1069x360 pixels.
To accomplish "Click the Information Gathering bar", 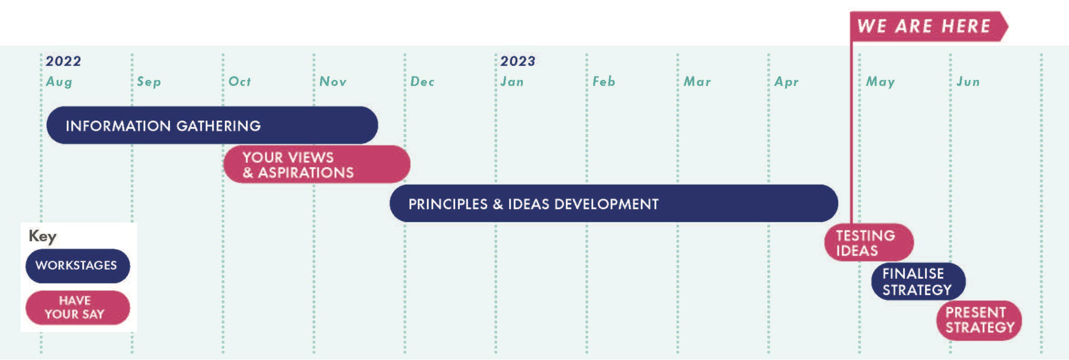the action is [x=212, y=125].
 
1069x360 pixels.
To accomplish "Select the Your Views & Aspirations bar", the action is [x=317, y=164].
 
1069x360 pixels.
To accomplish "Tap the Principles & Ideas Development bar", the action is [x=614, y=203].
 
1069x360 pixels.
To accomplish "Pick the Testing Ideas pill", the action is [x=869, y=242].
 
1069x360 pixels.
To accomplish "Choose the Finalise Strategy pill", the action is [x=918, y=281].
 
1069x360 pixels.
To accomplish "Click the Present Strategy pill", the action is [x=979, y=320].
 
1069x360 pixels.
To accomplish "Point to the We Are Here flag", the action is [x=929, y=26].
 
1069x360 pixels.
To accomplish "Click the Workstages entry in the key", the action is [x=78, y=266].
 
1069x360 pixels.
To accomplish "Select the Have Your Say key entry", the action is [x=78, y=307].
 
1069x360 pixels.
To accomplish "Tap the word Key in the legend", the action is [x=43, y=236].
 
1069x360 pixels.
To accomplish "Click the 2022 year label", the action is [x=63, y=61].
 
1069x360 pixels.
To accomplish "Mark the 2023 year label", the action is [x=518, y=61].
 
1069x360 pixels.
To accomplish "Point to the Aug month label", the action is [x=59, y=82].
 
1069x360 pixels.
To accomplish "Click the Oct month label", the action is [x=240, y=81].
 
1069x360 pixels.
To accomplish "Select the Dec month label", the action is [x=422, y=81].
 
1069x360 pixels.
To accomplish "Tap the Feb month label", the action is [x=604, y=81].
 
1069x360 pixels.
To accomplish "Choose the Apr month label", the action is [x=787, y=82].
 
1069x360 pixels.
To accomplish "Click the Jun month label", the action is [x=968, y=81].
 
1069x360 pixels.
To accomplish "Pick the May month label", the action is [x=880, y=82].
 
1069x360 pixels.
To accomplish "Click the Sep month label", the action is [x=149, y=82].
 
